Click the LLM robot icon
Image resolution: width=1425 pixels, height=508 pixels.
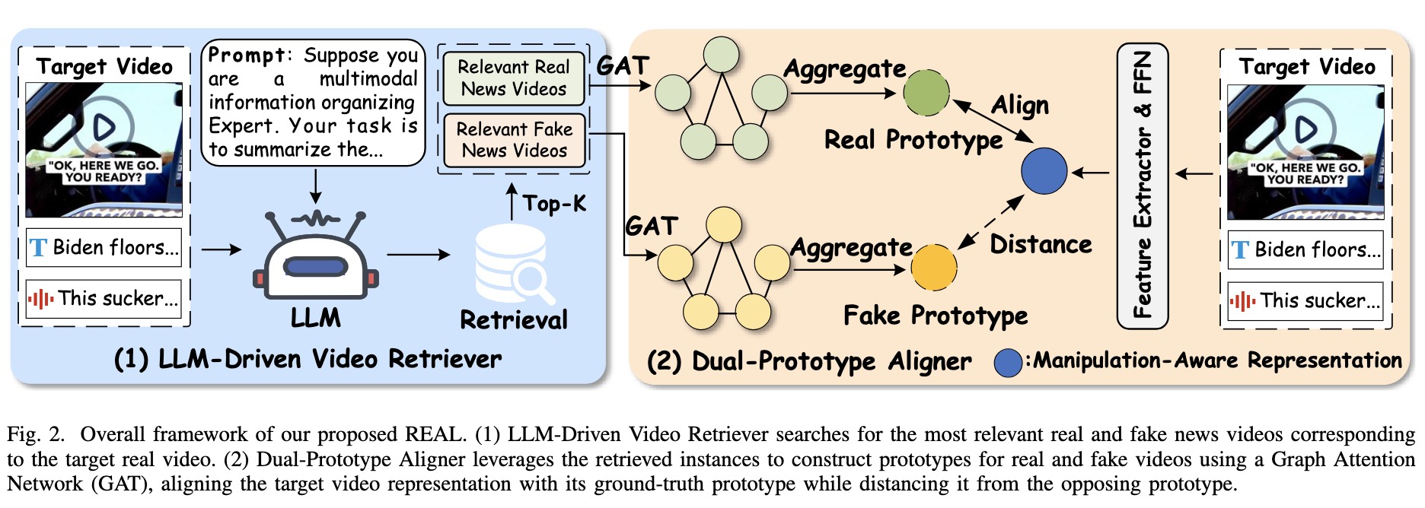[x=315, y=257]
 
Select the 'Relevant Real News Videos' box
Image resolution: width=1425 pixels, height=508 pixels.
[x=514, y=78]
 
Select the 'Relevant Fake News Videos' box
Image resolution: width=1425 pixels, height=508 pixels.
[x=514, y=140]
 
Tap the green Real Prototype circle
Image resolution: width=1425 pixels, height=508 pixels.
[x=926, y=93]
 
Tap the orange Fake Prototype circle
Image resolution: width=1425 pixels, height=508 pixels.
[x=933, y=268]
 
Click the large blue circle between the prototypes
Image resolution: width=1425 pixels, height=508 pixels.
[x=1044, y=171]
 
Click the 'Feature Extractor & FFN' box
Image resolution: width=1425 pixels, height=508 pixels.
[x=1142, y=186]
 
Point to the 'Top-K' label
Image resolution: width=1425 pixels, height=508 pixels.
[x=554, y=204]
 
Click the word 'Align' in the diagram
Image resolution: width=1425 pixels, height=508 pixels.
[x=1019, y=106]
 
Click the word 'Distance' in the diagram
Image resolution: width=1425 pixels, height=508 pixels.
[x=1041, y=245]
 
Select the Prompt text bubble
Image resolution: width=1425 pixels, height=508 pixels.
[x=313, y=103]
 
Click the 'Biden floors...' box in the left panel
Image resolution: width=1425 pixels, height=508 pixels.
[x=104, y=248]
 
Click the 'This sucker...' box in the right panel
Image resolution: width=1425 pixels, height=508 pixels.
[x=1305, y=301]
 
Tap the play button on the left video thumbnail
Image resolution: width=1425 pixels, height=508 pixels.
[x=104, y=126]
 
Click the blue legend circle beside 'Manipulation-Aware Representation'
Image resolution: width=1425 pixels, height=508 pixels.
[x=1008, y=363]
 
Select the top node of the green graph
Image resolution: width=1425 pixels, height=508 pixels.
[x=721, y=55]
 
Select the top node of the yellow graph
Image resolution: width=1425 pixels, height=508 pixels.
[x=723, y=225]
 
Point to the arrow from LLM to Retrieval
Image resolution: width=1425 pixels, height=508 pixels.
[x=419, y=255]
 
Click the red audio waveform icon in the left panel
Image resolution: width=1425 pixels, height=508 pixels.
[x=40, y=299]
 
